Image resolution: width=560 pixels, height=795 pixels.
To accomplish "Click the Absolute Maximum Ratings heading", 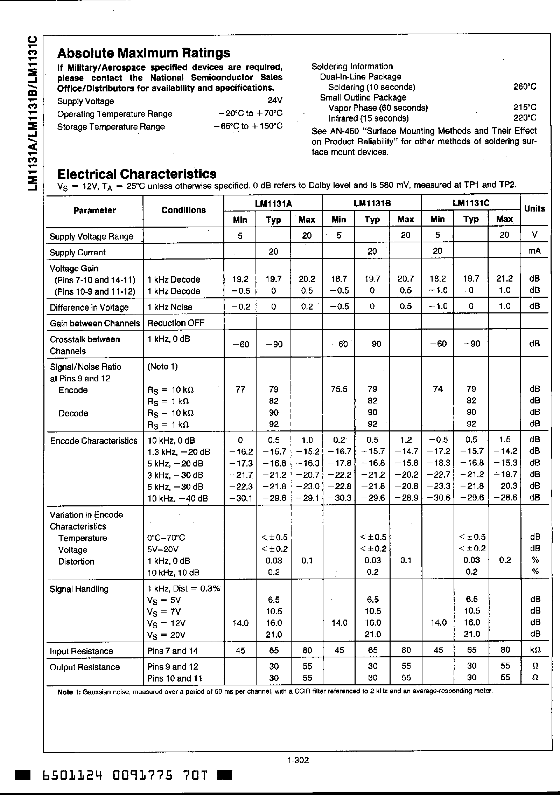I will (x=143, y=53).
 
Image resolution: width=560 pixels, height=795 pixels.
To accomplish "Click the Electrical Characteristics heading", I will (x=136, y=174).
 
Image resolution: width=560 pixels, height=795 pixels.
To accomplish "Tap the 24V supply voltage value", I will (x=275, y=101).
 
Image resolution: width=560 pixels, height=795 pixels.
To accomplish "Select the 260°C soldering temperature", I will (x=525, y=87).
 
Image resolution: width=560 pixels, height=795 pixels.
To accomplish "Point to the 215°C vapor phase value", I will (x=525, y=108).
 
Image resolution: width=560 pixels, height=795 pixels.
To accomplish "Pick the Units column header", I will (x=534, y=209).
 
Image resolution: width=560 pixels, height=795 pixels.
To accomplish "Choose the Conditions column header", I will (x=183, y=210).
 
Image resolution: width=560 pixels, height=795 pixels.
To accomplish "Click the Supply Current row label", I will (x=77, y=253).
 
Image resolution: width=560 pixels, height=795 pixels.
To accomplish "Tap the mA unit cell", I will (x=534, y=251).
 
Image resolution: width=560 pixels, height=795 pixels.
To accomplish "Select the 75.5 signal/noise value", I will (x=339, y=389).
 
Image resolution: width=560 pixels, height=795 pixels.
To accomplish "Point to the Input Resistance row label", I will (x=81, y=651).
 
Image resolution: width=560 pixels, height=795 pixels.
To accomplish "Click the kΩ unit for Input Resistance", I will (x=534, y=650).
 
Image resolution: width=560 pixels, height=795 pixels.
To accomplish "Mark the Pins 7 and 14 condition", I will (x=173, y=651).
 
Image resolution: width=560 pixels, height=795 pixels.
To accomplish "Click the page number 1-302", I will (x=297, y=760).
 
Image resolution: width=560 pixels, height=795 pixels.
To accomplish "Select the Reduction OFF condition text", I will (x=176, y=323).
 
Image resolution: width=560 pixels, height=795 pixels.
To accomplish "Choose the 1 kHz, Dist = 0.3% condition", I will (x=183, y=589).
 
